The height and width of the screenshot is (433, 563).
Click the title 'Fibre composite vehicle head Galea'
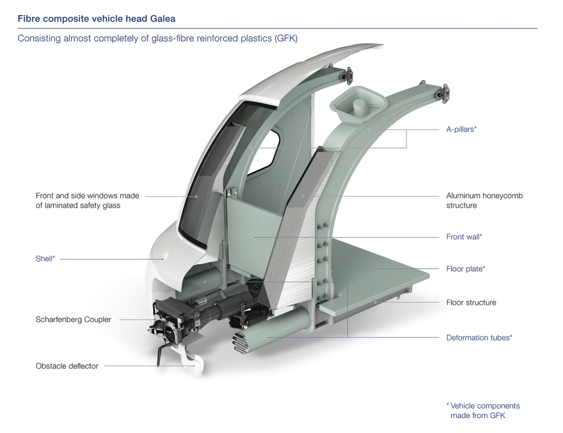96,19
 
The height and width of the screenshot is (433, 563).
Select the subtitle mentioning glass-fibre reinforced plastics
158,39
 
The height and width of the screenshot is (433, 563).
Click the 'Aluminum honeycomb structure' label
485,200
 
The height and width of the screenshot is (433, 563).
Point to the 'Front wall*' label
464,237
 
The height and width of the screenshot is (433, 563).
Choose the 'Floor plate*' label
466,269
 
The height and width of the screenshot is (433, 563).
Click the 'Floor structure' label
471,302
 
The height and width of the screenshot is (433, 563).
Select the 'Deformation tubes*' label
479,338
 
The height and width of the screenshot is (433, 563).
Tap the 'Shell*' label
45,259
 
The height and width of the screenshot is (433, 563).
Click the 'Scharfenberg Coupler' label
73,319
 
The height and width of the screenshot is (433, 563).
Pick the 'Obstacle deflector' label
67,366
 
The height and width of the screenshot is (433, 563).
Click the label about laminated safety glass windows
87,200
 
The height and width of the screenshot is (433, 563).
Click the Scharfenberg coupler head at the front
166,327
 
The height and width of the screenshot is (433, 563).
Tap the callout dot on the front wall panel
254,237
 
